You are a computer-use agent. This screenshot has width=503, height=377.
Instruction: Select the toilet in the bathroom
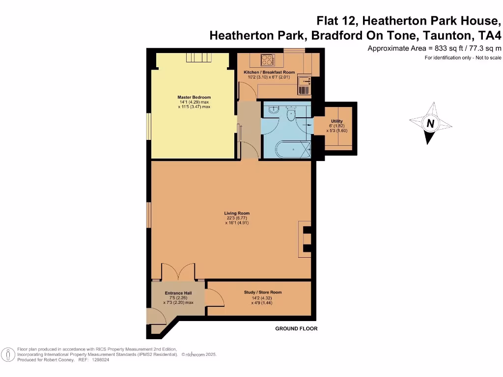pyautogui.click(x=290, y=114)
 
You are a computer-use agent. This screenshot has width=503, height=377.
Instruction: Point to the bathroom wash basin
pyautogui.click(x=274, y=108)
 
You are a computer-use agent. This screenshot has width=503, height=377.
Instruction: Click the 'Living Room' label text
pyautogui.click(x=237, y=213)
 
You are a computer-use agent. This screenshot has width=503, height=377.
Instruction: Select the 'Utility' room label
pyautogui.click(x=336, y=121)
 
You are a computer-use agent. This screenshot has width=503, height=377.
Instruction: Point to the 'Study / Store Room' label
pyautogui.click(x=263, y=293)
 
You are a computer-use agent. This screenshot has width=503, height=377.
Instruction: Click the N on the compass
pyautogui.click(x=430, y=124)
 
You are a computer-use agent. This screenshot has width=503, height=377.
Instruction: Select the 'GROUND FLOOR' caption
pyautogui.click(x=296, y=328)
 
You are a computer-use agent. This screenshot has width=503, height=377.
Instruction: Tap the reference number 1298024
pyautogui.click(x=100, y=360)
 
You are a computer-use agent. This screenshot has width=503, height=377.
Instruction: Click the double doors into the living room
pyautogui.click(x=178, y=272)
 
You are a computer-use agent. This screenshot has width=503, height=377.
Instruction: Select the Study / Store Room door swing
pyautogui.click(x=213, y=298)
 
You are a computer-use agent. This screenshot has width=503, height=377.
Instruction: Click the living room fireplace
pyautogui.click(x=305, y=239)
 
